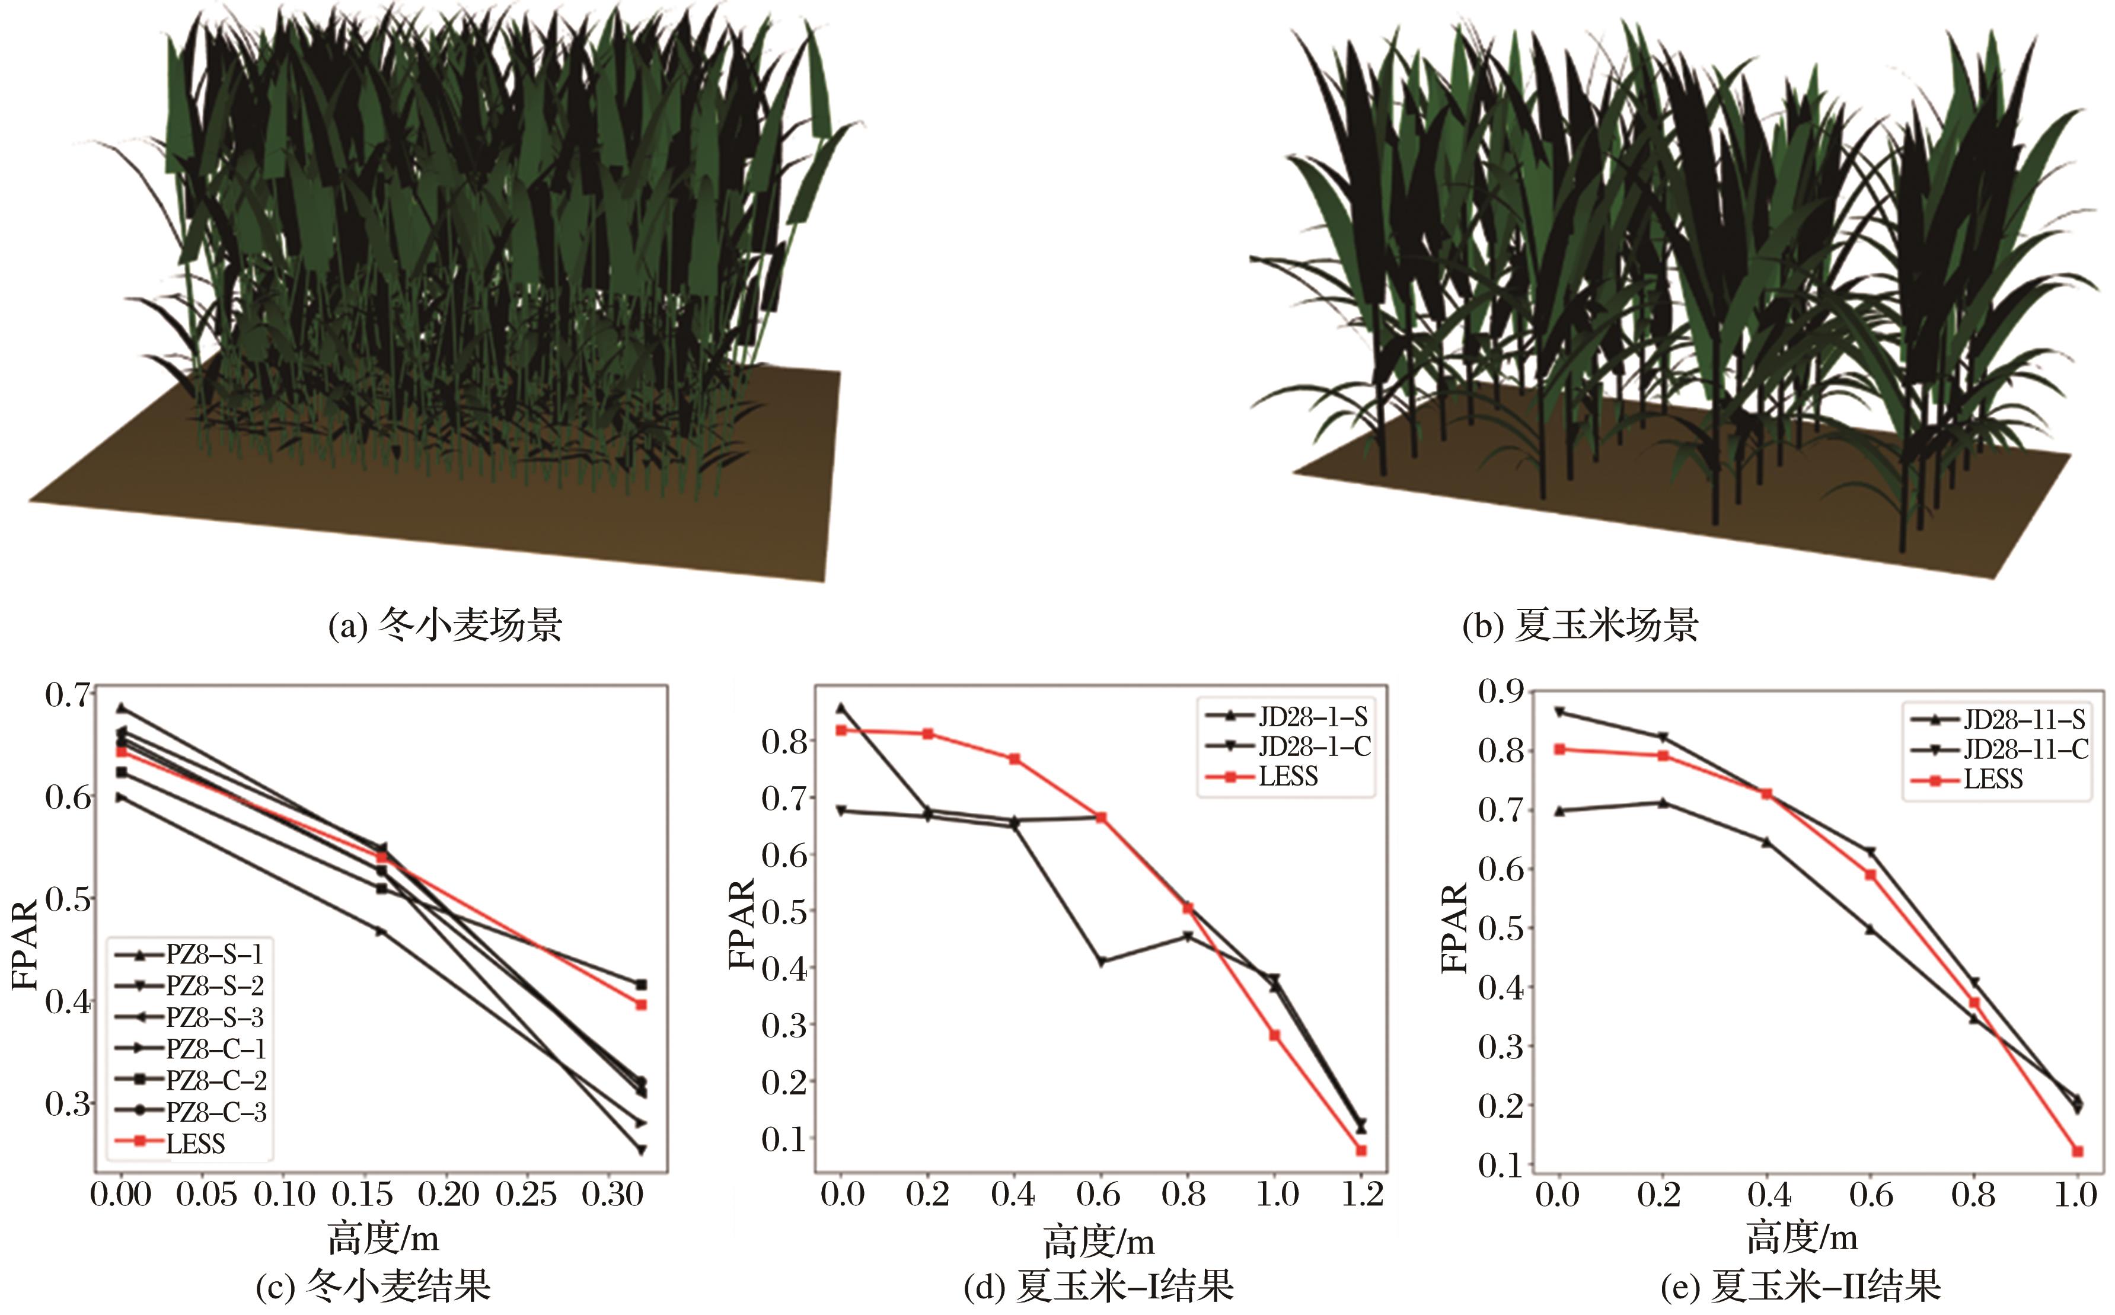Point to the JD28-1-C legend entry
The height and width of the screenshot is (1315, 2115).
[1313, 746]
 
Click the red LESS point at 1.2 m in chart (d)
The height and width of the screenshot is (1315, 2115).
[1361, 1151]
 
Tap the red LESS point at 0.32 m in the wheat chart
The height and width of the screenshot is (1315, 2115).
[642, 1004]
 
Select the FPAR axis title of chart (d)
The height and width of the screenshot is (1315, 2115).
[742, 924]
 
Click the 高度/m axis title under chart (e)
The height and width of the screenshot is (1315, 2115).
[1802, 1237]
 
